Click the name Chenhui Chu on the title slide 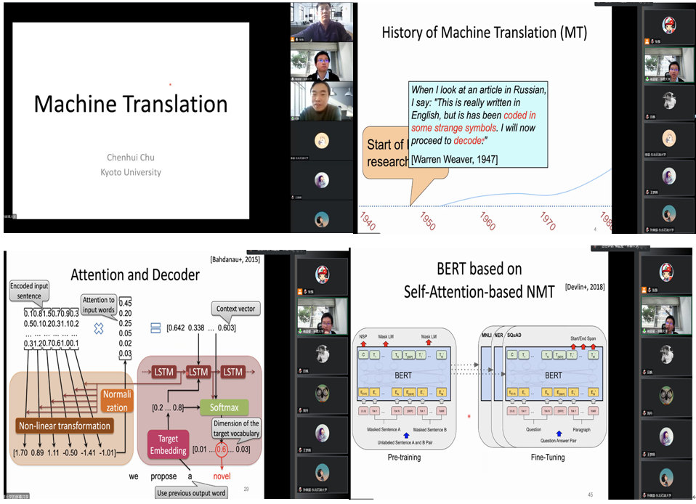131,157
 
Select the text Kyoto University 131,172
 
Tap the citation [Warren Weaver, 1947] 454,159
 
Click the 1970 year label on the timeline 548,220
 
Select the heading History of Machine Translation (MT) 484,33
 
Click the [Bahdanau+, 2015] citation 235,259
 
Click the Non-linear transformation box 65,426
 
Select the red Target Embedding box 168,444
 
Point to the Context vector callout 235,309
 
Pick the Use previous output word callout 191,493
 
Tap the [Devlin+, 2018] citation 585,287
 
